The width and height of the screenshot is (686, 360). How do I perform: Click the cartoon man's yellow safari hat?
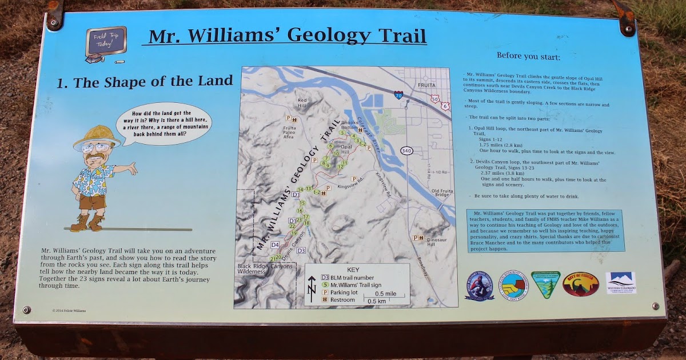(93, 137)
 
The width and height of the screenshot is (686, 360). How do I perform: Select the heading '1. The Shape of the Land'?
(145, 82)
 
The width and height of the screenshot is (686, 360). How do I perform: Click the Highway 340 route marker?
(406, 150)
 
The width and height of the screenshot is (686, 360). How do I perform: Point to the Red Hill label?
(303, 103)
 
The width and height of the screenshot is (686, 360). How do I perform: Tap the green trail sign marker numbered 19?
(294, 233)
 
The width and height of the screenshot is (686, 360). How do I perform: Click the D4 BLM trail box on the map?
(275, 245)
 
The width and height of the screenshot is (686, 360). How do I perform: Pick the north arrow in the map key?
(312, 289)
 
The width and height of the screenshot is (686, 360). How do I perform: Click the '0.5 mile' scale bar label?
(386, 293)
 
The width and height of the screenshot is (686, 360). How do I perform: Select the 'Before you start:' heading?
(528, 57)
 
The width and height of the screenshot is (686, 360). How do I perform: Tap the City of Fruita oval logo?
(580, 283)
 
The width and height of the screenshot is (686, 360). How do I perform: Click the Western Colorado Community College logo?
(620, 283)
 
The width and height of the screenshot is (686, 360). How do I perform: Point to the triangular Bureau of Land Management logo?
(545, 284)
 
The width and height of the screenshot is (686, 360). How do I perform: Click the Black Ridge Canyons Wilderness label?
(265, 269)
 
